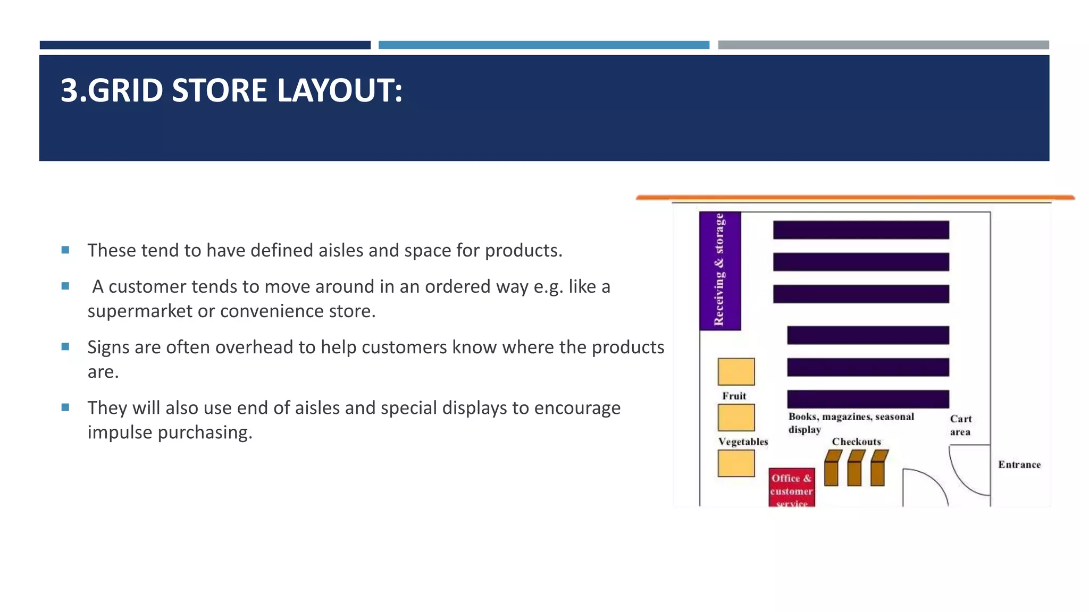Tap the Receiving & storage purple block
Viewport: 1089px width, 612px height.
(x=719, y=270)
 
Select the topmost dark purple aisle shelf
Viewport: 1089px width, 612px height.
(x=860, y=230)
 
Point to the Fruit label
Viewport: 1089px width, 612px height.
(x=734, y=396)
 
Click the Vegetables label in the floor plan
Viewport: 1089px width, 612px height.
(x=743, y=441)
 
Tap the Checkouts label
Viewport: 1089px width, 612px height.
(x=856, y=441)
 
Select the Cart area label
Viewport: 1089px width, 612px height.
(x=960, y=425)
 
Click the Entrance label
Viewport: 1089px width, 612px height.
(x=1019, y=464)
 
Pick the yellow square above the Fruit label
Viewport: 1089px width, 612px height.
(x=736, y=371)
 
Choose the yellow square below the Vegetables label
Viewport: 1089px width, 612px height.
(x=736, y=463)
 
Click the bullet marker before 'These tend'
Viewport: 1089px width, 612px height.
(x=65, y=250)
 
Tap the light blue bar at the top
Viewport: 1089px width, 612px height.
(x=543, y=45)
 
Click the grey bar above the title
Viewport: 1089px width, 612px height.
(x=883, y=45)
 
